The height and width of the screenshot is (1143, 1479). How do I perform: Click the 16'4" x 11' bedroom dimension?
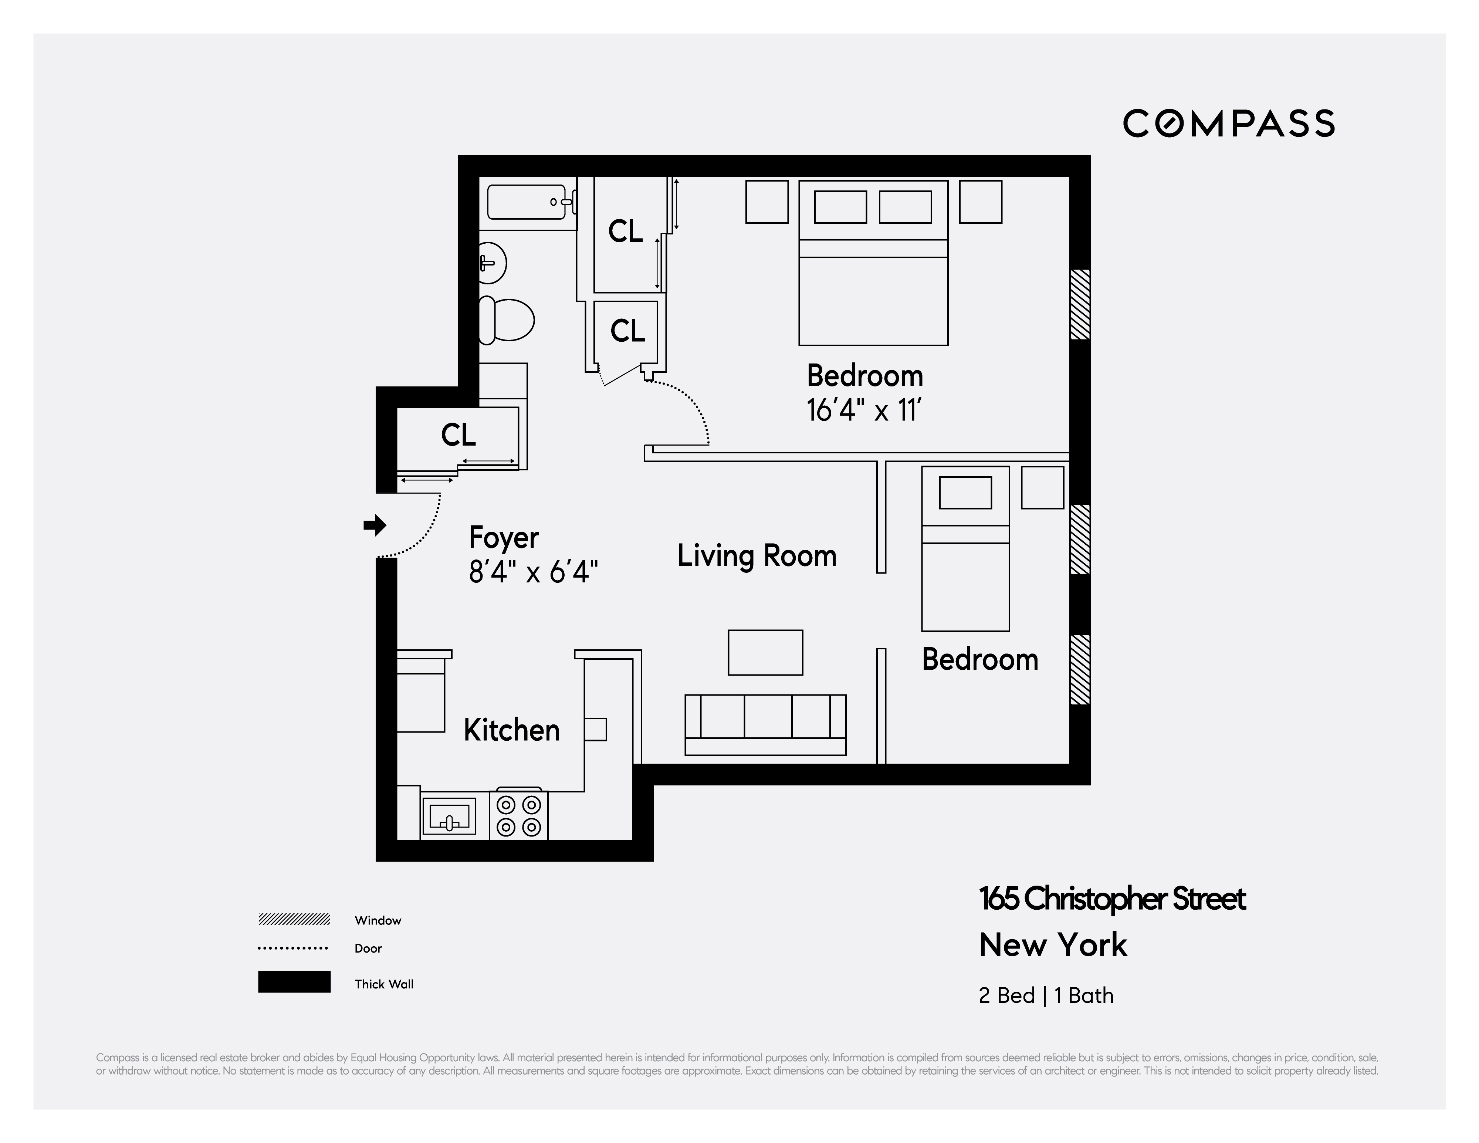pos(864,410)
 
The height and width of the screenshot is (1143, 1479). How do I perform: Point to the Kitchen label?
pos(511,730)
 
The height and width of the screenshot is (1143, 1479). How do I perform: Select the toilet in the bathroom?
pos(506,320)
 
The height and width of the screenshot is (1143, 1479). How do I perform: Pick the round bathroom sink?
pos(493,263)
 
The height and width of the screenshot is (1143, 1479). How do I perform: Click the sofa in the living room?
pos(765,724)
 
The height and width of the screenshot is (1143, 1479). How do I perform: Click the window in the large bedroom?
pos(1079,304)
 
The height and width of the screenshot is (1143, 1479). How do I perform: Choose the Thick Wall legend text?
pos(383,984)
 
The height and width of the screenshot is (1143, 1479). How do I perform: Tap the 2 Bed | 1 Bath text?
pos(1046,995)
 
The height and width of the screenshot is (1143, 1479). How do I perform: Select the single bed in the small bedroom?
pos(965,548)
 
